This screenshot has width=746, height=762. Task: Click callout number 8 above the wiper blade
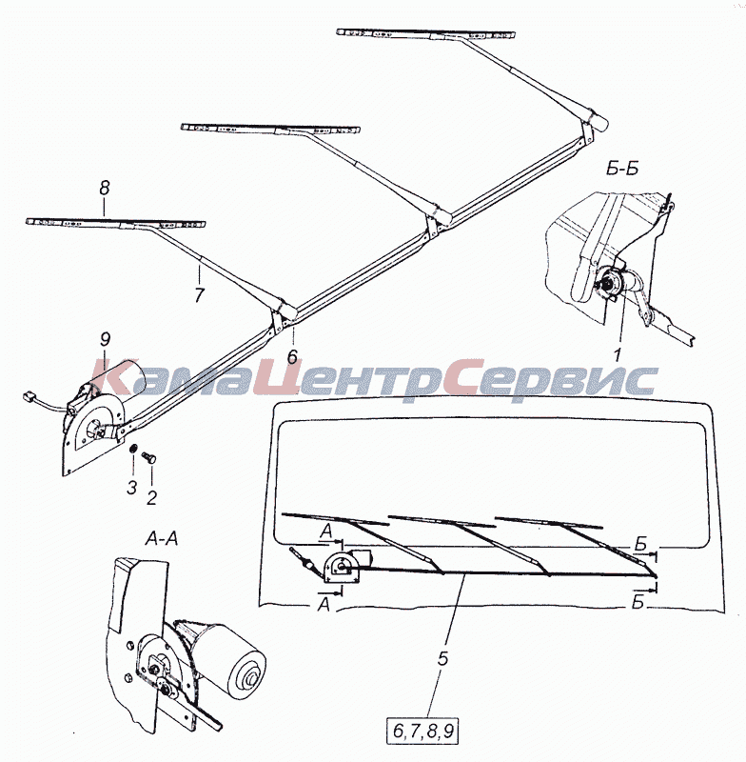point(105,189)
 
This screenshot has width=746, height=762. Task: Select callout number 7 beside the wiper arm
point(200,295)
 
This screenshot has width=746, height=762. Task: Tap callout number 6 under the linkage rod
point(292,356)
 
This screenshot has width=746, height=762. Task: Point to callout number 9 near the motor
point(106,339)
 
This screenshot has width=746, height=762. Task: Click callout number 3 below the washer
point(132,488)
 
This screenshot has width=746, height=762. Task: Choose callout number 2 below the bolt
point(152,497)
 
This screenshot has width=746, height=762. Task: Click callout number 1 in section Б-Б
point(617,355)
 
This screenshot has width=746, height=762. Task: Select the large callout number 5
point(442,658)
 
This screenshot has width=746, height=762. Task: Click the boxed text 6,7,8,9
point(422,731)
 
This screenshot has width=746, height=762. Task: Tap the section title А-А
point(162,538)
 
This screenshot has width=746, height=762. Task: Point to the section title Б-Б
point(622,169)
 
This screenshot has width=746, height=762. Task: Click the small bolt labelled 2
point(148,457)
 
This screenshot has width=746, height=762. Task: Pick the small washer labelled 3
point(131,449)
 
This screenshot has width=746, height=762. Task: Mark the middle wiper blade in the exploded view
point(270,129)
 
